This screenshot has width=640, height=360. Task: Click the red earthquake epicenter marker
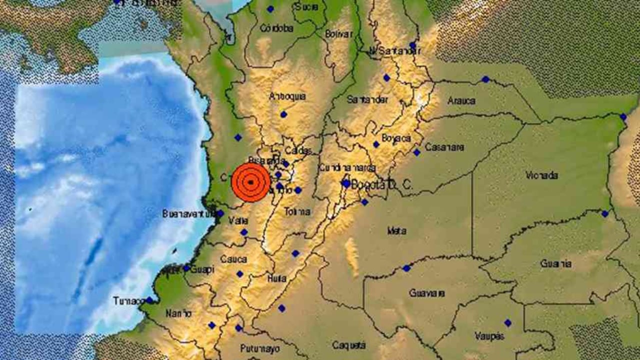[x=251, y=182]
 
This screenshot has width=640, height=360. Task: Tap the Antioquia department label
[x=287, y=96]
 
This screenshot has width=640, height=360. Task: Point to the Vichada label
[x=541, y=175]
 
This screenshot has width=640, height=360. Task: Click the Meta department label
[x=396, y=231]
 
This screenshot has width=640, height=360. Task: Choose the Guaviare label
[x=426, y=293]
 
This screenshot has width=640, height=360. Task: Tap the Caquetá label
[x=349, y=345]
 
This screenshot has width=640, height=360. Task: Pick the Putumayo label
[x=259, y=348]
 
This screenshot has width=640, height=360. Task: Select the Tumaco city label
[x=128, y=300]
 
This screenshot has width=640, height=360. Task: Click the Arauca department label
[x=461, y=100]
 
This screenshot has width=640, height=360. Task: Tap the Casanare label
[x=444, y=147]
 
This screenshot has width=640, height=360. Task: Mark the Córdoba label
[x=276, y=28]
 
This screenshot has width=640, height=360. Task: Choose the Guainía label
[x=555, y=263]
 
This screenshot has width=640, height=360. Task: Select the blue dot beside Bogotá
[x=346, y=183]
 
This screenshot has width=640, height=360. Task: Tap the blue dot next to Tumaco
[x=149, y=300]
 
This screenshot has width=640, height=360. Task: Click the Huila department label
[x=276, y=278]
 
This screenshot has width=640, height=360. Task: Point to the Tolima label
[x=297, y=211]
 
